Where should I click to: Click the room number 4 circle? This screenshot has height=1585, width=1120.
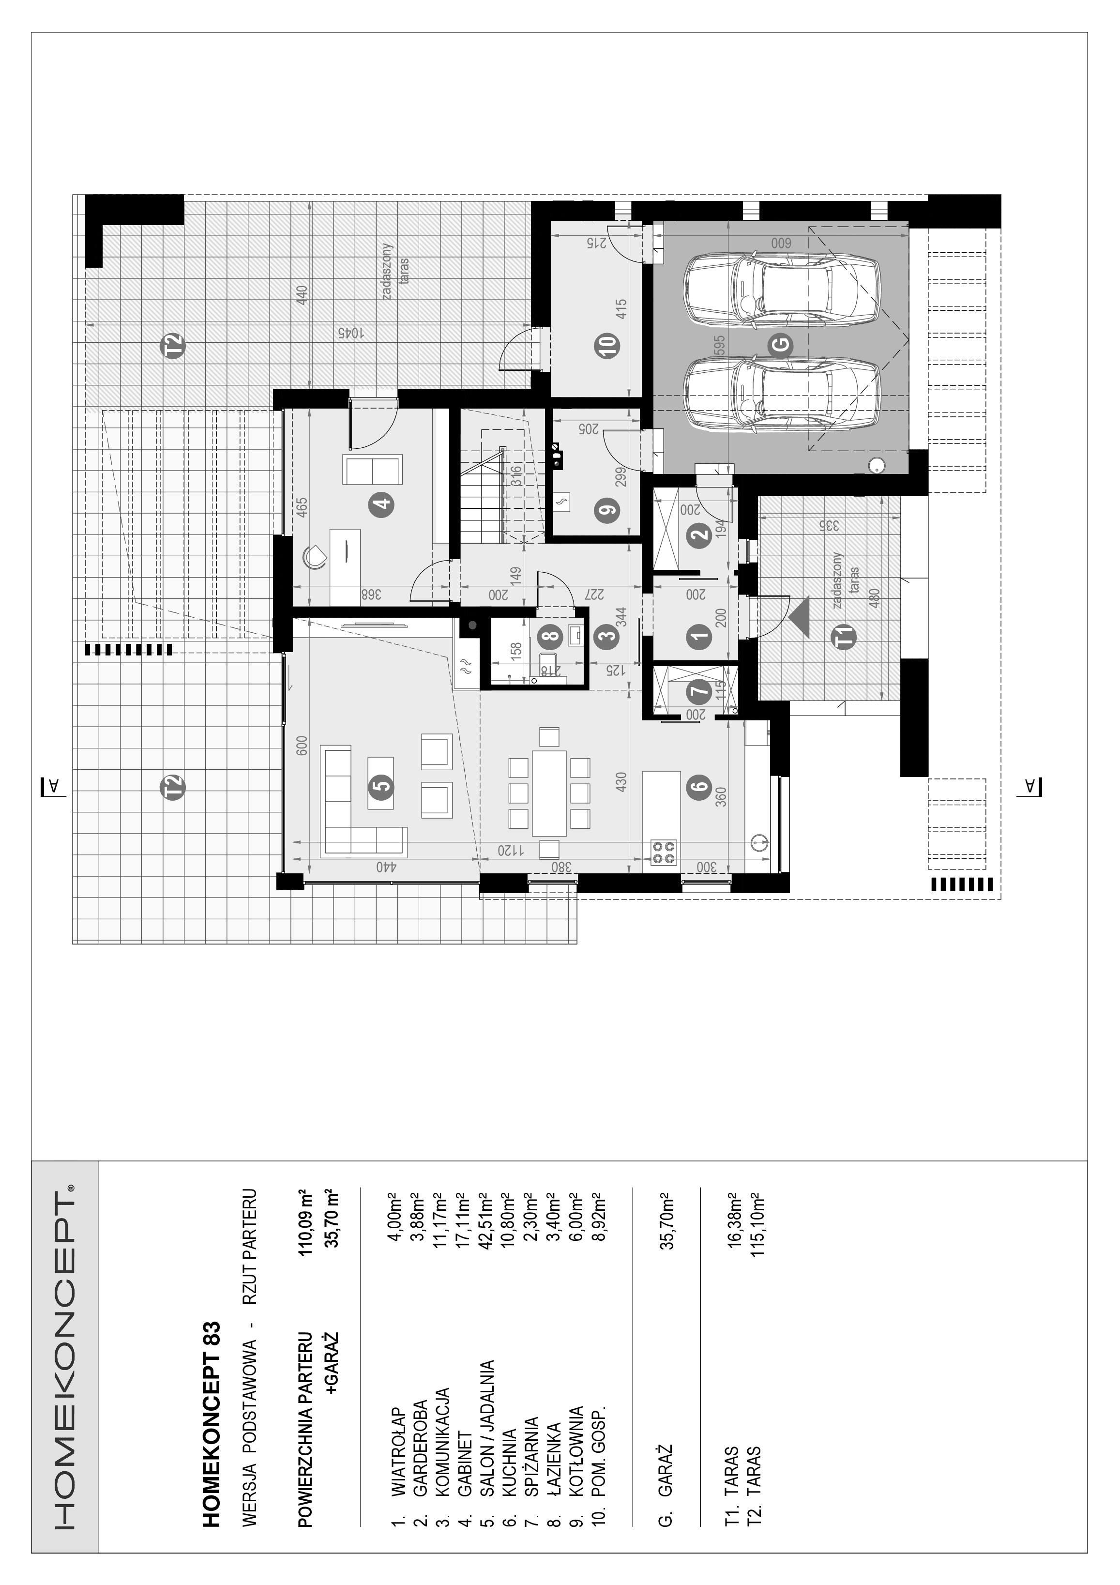coord(381,504)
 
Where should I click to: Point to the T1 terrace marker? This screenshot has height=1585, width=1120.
coord(846,634)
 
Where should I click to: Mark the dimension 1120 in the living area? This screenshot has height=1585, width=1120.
coord(511,851)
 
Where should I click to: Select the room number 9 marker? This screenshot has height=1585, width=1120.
coord(607,511)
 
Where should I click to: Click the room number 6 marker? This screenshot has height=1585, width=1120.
coord(699,785)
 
